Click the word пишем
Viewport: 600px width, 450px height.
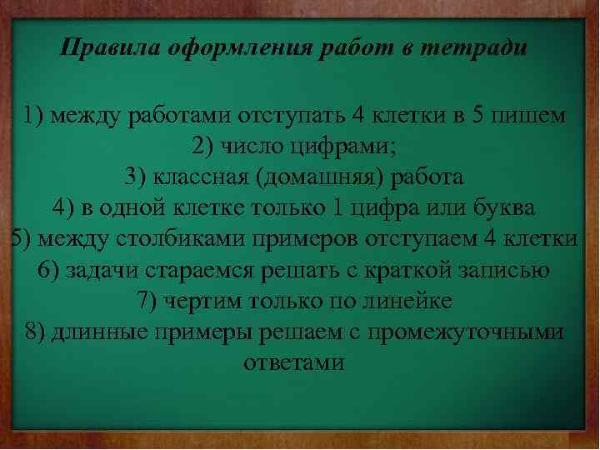(533, 115)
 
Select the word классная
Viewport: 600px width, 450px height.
(197, 177)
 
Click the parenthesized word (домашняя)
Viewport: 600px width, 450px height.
(315, 177)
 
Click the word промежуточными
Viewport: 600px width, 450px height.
(467, 332)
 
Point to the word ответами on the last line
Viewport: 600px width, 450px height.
(294, 362)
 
